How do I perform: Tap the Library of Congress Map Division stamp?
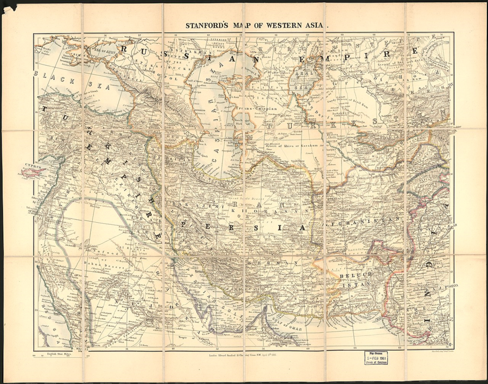[376, 358]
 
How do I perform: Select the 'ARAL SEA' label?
[303, 81]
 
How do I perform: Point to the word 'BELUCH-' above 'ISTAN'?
[356, 276]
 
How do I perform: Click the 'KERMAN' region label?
[274, 263]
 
